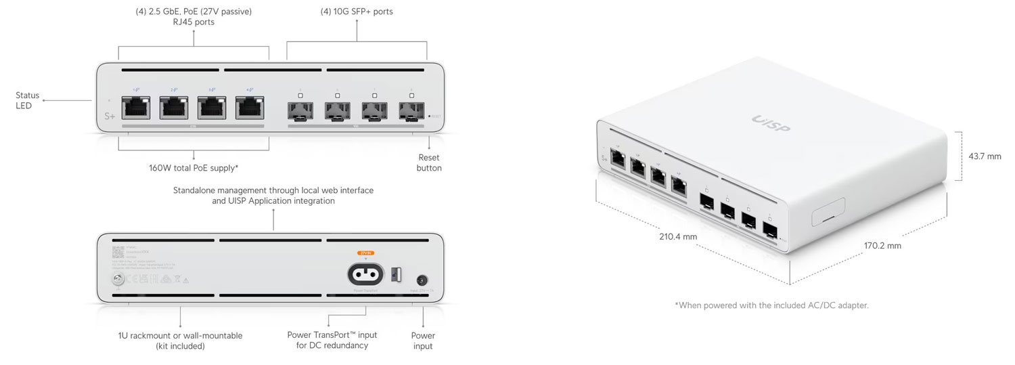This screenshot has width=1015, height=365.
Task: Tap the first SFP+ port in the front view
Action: [300, 110]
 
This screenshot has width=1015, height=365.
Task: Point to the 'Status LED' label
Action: [28, 100]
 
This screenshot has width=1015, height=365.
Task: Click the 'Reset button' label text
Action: [429, 163]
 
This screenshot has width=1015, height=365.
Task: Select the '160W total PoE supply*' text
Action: [194, 167]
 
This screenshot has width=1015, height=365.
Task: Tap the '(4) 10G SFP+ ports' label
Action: [357, 12]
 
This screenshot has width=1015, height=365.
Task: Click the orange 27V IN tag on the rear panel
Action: [365, 253]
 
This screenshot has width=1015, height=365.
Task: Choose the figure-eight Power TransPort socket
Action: [365, 274]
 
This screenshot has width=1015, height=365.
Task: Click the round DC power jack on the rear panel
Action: [423, 279]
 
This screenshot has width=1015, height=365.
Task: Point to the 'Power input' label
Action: [423, 341]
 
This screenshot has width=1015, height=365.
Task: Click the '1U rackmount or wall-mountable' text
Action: [181, 335]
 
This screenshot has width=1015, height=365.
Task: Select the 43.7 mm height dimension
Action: [985, 156]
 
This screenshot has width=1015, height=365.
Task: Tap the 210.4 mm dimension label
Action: [678, 236]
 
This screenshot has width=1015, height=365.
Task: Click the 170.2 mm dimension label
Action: [882, 245]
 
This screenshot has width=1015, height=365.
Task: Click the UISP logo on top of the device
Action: [771, 124]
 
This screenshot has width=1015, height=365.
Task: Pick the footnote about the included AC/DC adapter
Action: [771, 305]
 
